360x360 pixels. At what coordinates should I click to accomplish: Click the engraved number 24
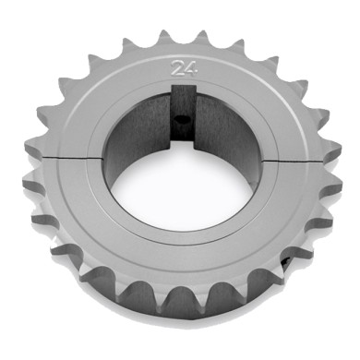tap(182, 66)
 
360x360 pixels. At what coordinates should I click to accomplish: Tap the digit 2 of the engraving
tap(175, 66)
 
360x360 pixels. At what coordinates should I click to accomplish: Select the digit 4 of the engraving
tap(188, 66)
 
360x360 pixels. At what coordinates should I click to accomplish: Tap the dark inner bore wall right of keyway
tap(231, 134)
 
